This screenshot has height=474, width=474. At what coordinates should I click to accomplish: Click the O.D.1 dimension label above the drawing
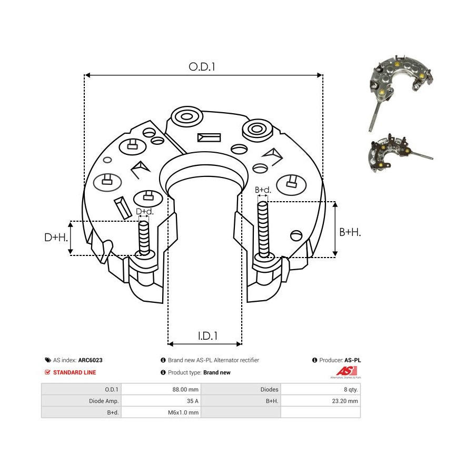tap(202, 67)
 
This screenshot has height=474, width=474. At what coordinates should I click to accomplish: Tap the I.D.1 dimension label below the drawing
tap(208, 336)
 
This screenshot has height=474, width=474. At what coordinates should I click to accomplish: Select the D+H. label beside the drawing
tap(56, 238)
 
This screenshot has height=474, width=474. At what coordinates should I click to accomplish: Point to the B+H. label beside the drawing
tap(350, 232)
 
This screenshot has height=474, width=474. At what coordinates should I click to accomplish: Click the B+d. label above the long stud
tap(263, 190)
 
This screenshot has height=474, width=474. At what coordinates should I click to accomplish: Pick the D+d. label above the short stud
tap(144, 212)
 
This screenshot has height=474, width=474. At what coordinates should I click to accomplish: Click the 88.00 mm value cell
tap(185, 389)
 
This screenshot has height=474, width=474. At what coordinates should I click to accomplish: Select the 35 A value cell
tap(193, 401)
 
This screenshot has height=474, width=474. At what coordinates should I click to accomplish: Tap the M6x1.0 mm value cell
tap(183, 412)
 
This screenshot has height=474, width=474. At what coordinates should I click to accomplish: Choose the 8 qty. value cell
tap(351, 389)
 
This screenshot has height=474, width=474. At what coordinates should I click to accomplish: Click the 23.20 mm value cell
tap(345, 401)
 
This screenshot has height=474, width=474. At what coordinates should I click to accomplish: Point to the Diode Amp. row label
tap(104, 401)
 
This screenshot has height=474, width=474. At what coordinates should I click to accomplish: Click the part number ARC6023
tap(91, 360)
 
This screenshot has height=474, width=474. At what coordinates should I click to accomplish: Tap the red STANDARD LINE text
tap(75, 372)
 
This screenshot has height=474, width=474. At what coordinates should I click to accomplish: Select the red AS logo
tap(347, 371)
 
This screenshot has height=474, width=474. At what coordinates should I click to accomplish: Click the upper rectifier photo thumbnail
tap(400, 92)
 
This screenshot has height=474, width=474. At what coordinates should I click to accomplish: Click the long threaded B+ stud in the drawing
tap(263, 230)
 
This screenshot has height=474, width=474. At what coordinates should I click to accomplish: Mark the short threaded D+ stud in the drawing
tap(144, 238)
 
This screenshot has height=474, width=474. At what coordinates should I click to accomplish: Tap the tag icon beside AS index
tap(48, 360)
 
